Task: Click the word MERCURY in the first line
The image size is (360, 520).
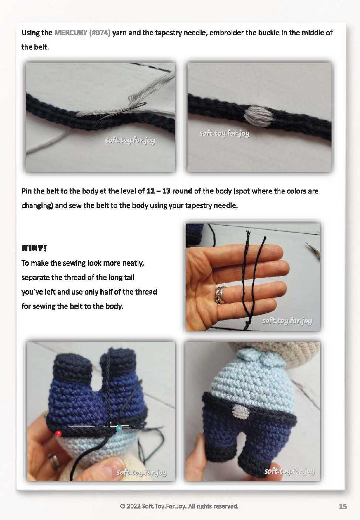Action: click(71, 33)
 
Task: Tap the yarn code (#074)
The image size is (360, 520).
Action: click(100, 33)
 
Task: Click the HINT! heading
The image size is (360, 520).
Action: click(34, 249)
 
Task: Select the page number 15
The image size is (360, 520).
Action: click(343, 506)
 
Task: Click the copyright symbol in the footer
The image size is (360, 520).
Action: click(122, 506)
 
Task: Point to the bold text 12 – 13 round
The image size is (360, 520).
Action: click(169, 191)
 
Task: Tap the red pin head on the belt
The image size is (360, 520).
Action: click(59, 433)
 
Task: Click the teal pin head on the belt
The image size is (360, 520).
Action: click(119, 427)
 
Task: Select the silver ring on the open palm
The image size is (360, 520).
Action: click(221, 295)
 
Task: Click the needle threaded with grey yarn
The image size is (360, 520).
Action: click(123, 111)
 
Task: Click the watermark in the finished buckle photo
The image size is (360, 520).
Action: click(224, 134)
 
